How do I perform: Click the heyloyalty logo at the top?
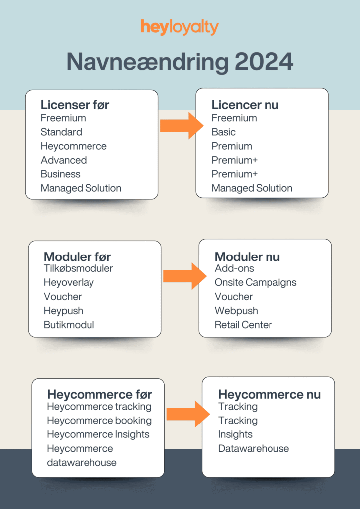point(180,27)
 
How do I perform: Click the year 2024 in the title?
point(264,62)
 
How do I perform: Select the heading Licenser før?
point(75,105)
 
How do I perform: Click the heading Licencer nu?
point(245,105)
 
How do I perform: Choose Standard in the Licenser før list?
point(61,132)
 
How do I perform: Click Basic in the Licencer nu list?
point(224,132)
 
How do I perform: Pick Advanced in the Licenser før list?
point(64,160)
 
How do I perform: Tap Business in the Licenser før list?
point(60,174)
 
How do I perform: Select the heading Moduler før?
point(77,257)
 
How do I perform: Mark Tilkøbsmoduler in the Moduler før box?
point(78,268)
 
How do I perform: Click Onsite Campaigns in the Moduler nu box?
point(256,282)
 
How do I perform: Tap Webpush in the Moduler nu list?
point(236,311)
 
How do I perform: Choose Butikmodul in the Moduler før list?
point(69,325)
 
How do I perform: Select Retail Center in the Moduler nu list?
point(243,325)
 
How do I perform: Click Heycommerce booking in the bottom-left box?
point(99,421)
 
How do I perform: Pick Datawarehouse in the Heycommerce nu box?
point(254,448)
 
